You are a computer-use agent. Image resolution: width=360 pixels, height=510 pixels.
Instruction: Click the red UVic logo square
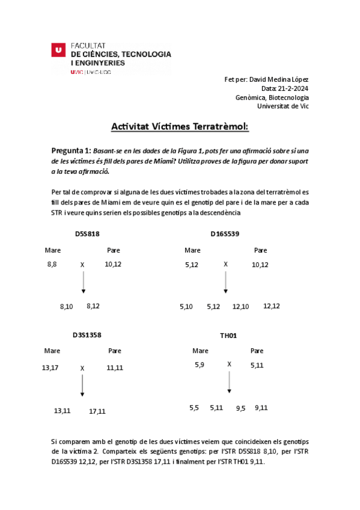pyautogui.click(x=58, y=51)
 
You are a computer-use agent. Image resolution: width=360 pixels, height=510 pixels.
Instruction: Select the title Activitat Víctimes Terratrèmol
pyautogui.click(x=179, y=127)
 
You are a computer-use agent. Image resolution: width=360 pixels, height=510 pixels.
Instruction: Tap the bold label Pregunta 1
pyautogui.click(x=71, y=150)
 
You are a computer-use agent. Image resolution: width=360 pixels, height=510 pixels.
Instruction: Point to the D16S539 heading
pyautogui.click(x=225, y=234)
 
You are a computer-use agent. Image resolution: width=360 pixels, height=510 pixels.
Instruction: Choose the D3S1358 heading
pyautogui.click(x=87, y=335)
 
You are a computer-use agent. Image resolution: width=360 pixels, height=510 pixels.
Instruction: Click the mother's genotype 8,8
pyautogui.click(x=52, y=264)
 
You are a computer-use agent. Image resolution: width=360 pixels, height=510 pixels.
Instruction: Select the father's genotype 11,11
pyautogui.click(x=115, y=367)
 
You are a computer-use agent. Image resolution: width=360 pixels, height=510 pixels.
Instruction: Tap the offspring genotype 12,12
pyautogui.click(x=271, y=306)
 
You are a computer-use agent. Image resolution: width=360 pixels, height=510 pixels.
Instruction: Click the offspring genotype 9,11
pyautogui.click(x=261, y=407)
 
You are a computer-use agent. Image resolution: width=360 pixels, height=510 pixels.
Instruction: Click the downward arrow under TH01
pyautogui.click(x=229, y=383)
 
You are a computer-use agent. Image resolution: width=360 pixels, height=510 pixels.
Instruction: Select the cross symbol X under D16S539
pyautogui.click(x=225, y=263)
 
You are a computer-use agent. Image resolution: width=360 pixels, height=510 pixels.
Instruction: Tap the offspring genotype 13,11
pyautogui.click(x=63, y=411)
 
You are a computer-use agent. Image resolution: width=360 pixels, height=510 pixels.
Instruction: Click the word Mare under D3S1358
pyautogui.click(x=52, y=351)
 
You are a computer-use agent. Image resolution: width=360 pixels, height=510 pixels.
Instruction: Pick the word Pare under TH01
pyautogui.click(x=257, y=351)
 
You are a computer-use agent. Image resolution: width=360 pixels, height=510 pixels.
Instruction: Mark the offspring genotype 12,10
pyautogui.click(x=240, y=306)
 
